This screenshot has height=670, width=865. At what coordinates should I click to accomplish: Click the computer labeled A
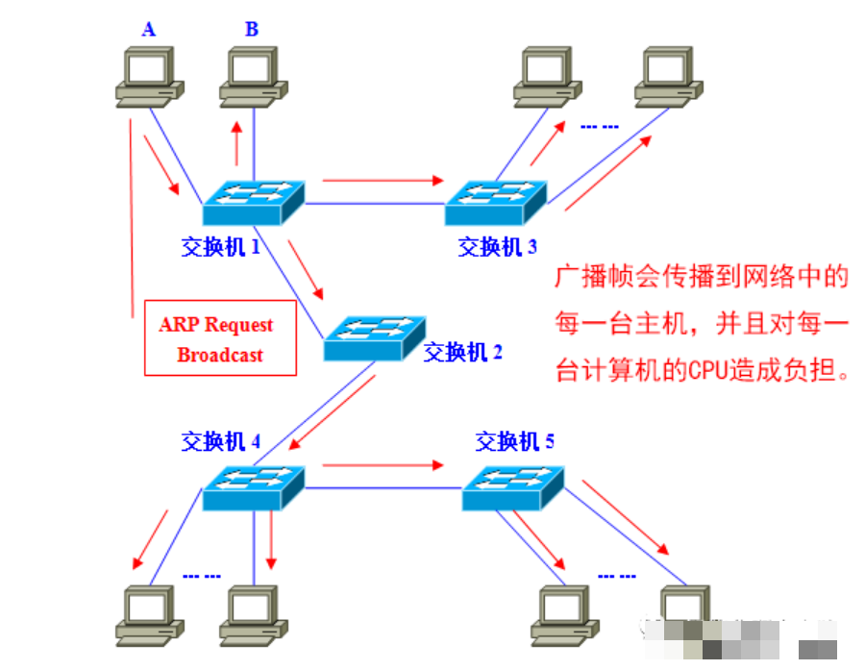tap(150, 77)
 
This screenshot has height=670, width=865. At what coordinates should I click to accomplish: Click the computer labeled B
tap(253, 77)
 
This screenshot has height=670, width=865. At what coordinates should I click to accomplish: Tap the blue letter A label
tap(148, 29)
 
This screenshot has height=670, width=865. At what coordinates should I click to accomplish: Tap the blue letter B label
tap(252, 29)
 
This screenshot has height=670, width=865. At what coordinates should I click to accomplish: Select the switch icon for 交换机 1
tap(253, 203)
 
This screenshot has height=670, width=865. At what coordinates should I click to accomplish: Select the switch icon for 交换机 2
tap(375, 338)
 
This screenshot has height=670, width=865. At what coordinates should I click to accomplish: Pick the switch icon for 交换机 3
tap(496, 203)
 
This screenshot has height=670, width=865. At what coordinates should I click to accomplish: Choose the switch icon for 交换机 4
tap(253, 488)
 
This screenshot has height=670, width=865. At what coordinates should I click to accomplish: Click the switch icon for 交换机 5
tap(513, 488)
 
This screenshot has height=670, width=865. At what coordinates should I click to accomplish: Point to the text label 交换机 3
tap(497, 247)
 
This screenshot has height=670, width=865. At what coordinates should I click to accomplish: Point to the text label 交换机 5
tap(515, 441)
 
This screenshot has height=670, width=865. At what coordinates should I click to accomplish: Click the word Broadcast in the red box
tap(219, 355)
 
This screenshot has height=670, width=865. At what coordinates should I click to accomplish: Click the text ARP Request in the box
tap(215, 325)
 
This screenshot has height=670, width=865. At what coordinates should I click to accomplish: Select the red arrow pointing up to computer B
tap(236, 143)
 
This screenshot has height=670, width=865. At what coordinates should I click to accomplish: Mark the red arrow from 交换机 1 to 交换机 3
tap(383, 180)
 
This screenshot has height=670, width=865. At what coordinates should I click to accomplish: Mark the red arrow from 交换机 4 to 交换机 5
tap(383, 465)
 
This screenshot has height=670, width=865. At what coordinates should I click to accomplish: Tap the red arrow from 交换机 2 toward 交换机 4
tap(333, 412)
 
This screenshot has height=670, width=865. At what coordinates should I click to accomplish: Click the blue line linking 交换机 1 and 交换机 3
tap(375, 204)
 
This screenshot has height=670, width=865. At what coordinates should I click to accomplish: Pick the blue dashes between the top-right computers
tap(599, 127)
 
